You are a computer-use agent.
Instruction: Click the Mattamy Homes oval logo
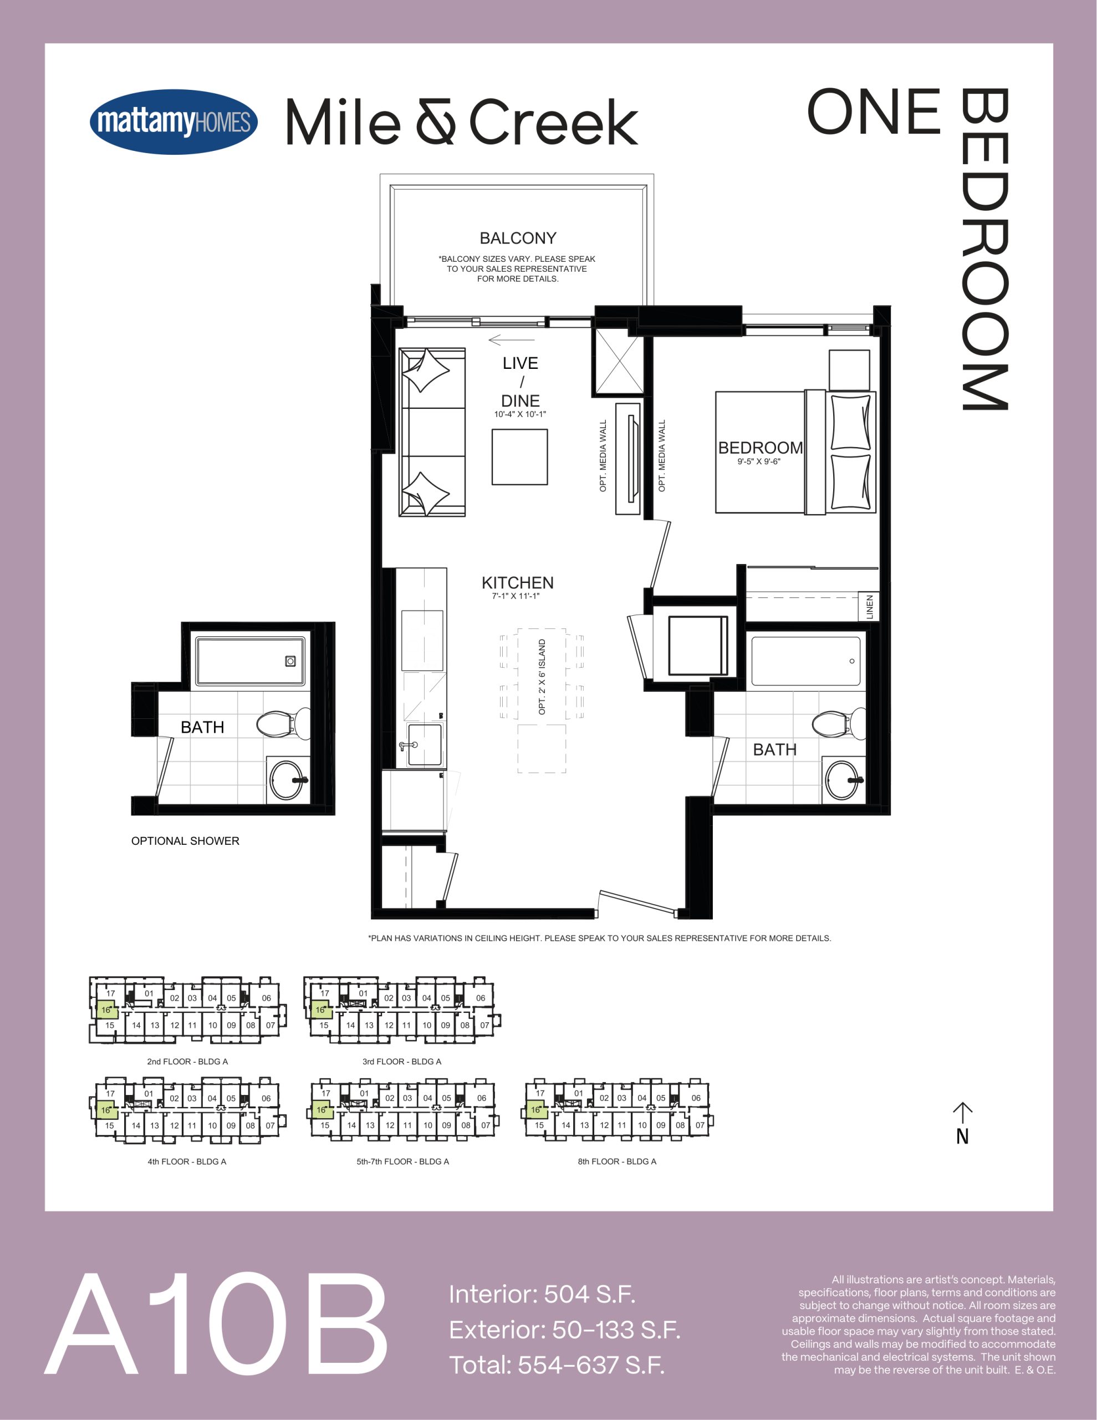click(x=174, y=121)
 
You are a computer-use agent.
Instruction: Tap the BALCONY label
click(x=518, y=238)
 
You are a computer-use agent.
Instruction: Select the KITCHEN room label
click(x=517, y=582)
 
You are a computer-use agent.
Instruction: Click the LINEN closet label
click(x=870, y=607)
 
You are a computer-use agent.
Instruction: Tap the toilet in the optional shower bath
click(x=284, y=724)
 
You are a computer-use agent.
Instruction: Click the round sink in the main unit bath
click(x=843, y=779)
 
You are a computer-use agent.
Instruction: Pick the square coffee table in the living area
click(x=519, y=457)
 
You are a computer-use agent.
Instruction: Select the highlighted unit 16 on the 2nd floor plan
click(x=106, y=1010)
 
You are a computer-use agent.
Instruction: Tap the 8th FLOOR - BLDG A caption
click(x=617, y=1161)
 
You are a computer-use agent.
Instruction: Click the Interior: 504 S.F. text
click(x=542, y=1294)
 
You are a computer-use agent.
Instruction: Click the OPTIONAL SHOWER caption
click(x=185, y=841)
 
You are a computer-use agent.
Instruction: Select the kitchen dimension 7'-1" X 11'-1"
click(x=516, y=596)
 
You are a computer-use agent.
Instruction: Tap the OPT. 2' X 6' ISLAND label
click(x=542, y=677)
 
